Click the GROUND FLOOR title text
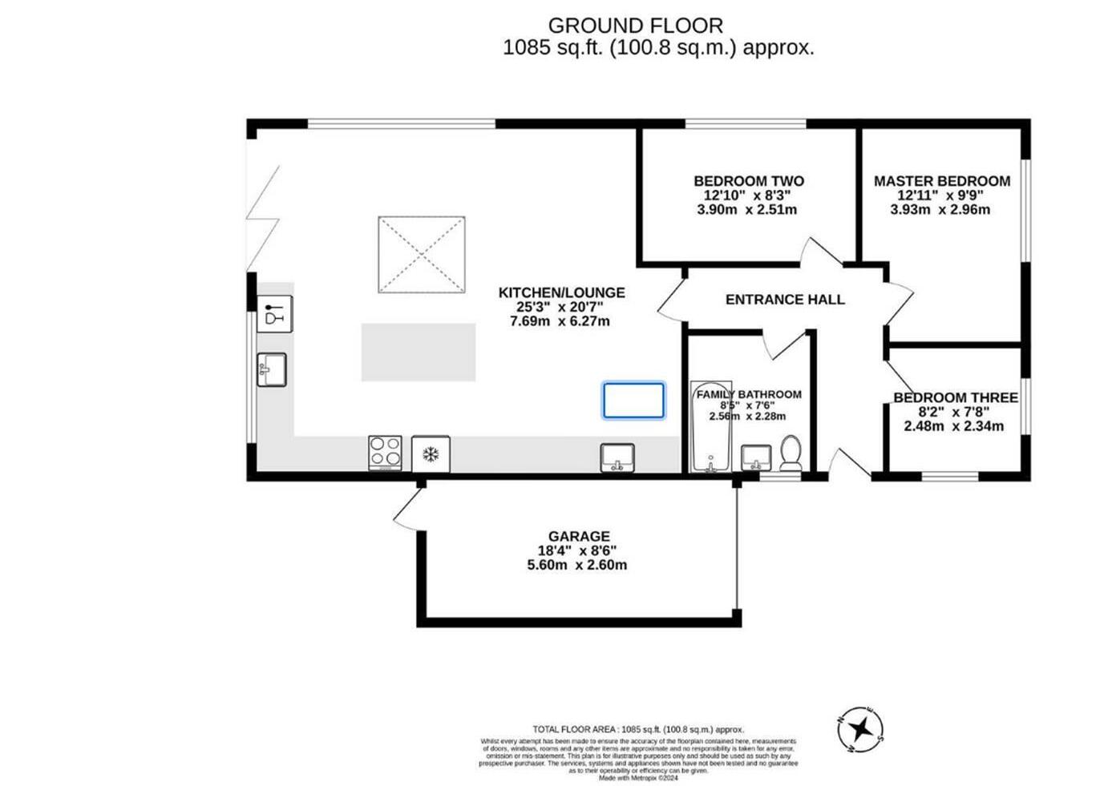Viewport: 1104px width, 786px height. (x=635, y=26)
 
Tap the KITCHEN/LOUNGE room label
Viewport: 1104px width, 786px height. (x=561, y=292)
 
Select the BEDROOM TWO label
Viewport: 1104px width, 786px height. (x=748, y=181)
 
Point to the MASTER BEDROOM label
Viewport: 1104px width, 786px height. (x=941, y=181)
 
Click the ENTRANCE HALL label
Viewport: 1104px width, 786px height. (x=784, y=300)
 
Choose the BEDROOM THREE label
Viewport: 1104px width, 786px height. (x=955, y=397)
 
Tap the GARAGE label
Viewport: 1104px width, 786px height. (x=579, y=536)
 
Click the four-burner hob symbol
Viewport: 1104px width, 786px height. (x=385, y=453)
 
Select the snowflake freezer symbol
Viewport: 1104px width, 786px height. (x=431, y=454)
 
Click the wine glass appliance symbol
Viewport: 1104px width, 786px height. (x=274, y=313)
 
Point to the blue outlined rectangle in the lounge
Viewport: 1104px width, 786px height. (x=633, y=401)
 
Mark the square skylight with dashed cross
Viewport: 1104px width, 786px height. (x=421, y=254)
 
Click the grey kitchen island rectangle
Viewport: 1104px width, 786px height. (x=418, y=352)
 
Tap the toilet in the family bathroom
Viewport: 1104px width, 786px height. (x=790, y=453)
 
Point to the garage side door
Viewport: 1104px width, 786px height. (x=407, y=510)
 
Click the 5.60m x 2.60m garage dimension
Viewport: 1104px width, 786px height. (x=576, y=565)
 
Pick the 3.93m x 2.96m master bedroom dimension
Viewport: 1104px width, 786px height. (x=940, y=210)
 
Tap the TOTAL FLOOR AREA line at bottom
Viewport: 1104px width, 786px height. (x=638, y=729)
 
